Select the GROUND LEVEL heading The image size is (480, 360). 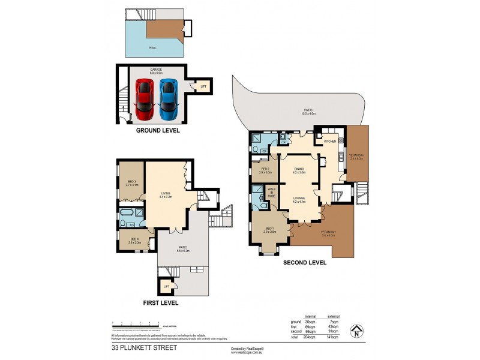[x=158, y=130]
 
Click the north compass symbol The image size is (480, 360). [x=357, y=331]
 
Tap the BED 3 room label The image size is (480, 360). [x=132, y=183]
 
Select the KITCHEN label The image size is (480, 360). [x=329, y=142]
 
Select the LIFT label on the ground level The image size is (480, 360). [x=203, y=87]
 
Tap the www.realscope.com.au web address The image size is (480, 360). [x=247, y=352]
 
